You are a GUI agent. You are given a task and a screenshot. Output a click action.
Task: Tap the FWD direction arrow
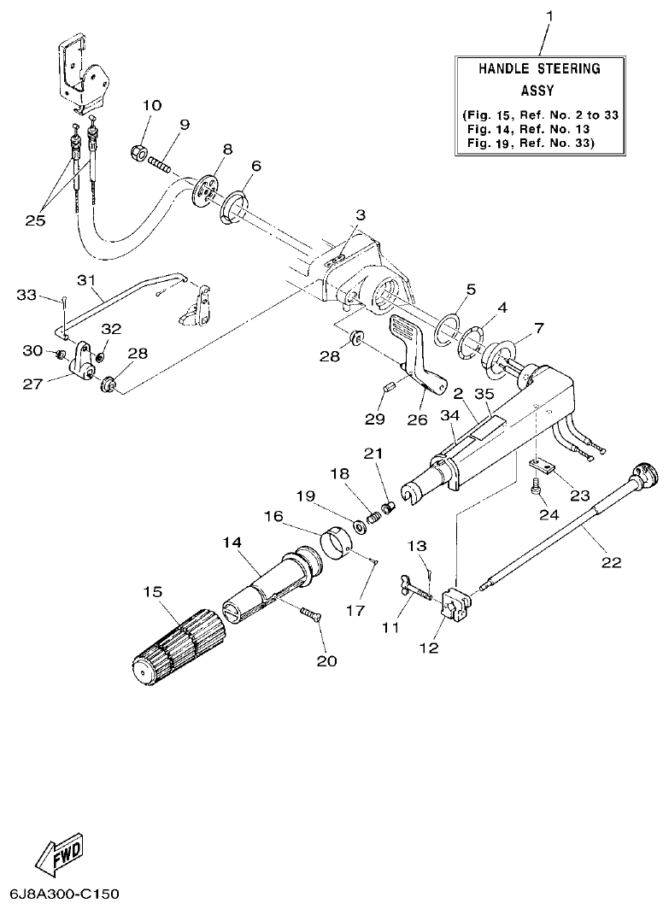(60, 854)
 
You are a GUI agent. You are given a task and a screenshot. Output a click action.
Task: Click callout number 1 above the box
(550, 15)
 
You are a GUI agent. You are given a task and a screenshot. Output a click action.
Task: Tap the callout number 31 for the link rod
(85, 280)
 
